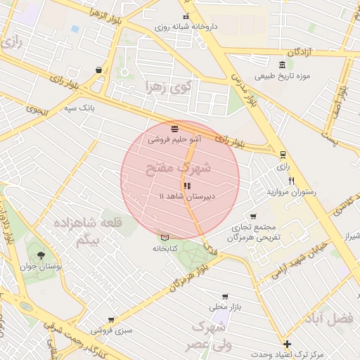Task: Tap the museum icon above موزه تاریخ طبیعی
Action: [x=282, y=65]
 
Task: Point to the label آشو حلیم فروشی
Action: [x=174, y=139]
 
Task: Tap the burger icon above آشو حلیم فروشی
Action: [x=174, y=129]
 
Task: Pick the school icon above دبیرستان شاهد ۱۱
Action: [x=186, y=186]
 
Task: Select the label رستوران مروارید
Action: [x=292, y=191]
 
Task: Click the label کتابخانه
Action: [x=165, y=248]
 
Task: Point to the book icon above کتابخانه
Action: [x=165, y=238]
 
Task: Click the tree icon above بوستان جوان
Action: [x=40, y=255]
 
